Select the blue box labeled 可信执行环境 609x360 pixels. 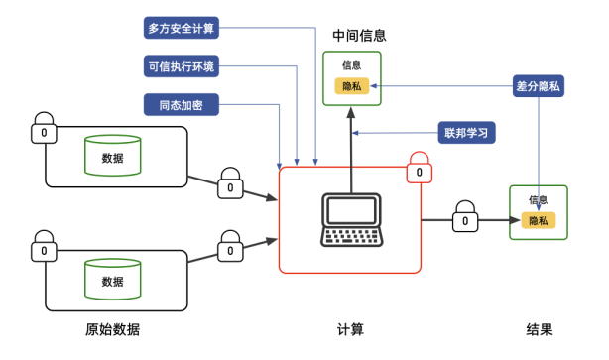coord(181,67)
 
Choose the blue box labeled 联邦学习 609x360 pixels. coord(466,133)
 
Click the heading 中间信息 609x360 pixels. coord(358,36)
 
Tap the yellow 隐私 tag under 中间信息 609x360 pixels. coord(352,87)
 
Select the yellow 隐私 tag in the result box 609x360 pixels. coord(538,220)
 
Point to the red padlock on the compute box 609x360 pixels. coord(420,169)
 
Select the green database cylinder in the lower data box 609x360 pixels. coord(112,279)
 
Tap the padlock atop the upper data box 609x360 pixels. coord(44,129)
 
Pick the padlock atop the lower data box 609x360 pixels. coord(44,249)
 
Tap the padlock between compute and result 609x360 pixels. coord(464,217)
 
